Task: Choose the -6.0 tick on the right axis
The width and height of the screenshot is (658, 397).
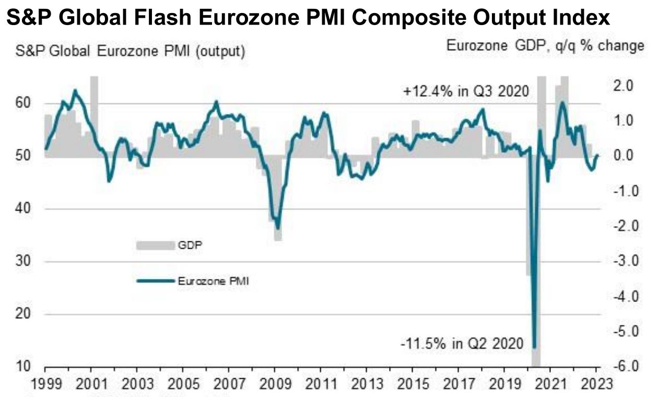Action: (622, 367)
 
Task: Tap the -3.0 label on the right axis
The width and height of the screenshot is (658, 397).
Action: (622, 261)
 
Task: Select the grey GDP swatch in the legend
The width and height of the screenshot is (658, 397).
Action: (155, 245)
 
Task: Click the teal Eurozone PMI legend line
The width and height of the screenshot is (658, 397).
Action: (155, 281)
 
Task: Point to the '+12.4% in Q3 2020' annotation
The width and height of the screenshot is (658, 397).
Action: (466, 91)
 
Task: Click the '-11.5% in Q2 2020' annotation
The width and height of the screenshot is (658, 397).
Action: (462, 344)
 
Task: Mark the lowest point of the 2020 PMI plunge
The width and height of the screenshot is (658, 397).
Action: (534, 346)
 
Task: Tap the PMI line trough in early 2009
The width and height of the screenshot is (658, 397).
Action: (278, 228)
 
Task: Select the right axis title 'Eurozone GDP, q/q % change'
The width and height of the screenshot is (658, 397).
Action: (545, 46)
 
